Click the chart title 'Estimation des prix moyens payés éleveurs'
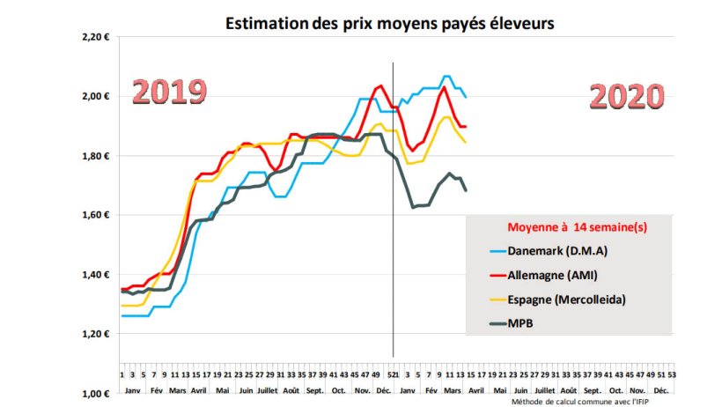(388, 24)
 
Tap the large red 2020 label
(626, 96)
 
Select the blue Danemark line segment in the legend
(497, 252)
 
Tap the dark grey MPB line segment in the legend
(497, 324)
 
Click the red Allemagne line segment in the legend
(497, 276)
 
